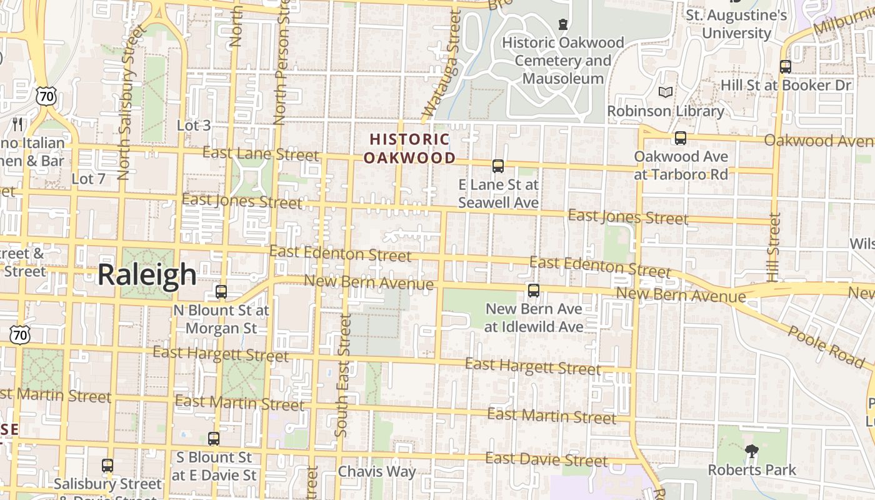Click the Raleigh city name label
click(147, 275)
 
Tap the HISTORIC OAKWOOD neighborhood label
click(409, 148)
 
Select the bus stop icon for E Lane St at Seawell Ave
click(498, 166)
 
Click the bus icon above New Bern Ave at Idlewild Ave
click(533, 291)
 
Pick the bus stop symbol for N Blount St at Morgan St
click(221, 292)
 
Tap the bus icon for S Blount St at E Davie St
click(214, 439)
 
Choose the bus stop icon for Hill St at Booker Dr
click(786, 67)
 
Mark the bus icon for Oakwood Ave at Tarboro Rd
click(681, 138)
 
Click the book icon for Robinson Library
click(666, 92)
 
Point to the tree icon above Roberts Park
click(752, 451)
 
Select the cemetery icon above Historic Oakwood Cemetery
click(563, 25)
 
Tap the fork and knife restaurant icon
click(17, 124)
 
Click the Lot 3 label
click(194, 126)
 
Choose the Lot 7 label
click(88, 179)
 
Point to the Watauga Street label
click(442, 66)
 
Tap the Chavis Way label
click(377, 471)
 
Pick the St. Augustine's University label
click(737, 24)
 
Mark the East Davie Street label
click(546, 460)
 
